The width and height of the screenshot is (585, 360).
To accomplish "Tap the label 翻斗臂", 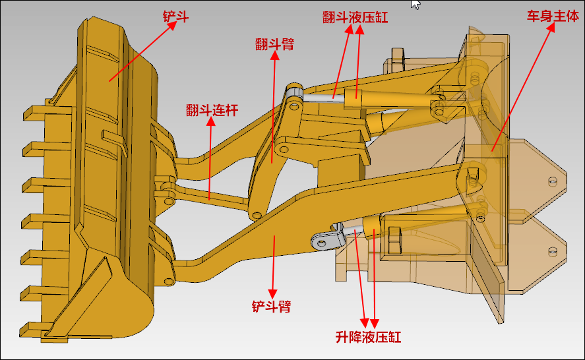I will click(x=275, y=44).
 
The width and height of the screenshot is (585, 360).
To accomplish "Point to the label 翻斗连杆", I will click(x=212, y=110).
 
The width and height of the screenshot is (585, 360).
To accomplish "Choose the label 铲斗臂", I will click(x=271, y=307).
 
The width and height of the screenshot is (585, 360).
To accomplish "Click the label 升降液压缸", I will click(x=368, y=337).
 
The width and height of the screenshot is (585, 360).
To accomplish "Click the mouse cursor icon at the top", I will click(x=416, y=4).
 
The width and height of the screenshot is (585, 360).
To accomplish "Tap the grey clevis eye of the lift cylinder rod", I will click(x=323, y=242).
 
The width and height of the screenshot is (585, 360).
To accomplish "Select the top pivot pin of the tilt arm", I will click(x=293, y=90).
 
